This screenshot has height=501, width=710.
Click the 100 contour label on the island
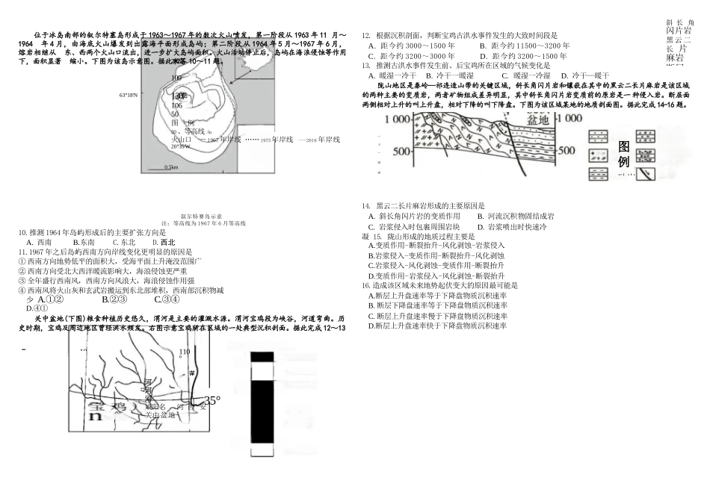[x=176, y=78]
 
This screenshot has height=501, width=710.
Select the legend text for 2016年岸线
[x=319, y=140]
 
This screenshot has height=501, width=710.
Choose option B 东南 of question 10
[x=83, y=242]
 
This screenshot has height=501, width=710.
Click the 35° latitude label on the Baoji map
[x=212, y=401]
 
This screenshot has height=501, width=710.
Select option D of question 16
[x=437, y=326]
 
